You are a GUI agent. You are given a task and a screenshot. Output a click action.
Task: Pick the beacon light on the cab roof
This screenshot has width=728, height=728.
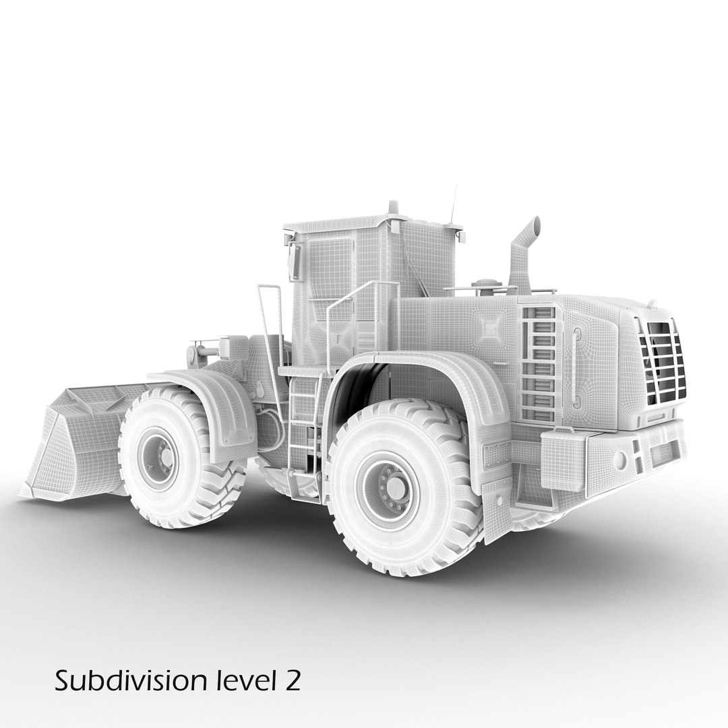tap(393, 208)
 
